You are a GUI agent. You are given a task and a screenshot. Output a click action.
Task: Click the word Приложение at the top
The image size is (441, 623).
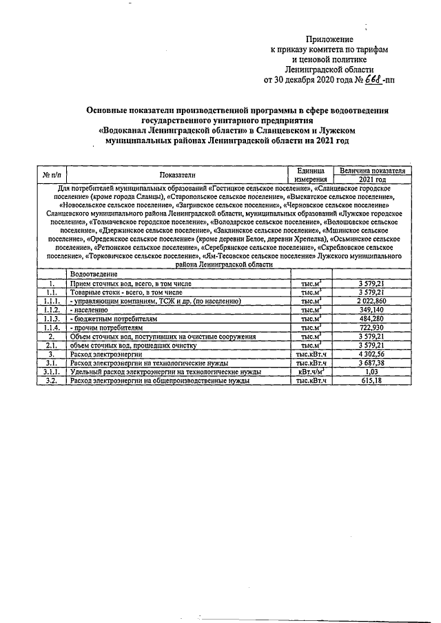(x=329, y=40)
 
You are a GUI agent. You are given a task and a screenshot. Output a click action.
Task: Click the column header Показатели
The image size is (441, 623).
(x=177, y=175)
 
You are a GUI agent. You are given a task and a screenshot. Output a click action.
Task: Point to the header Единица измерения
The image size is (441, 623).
(x=309, y=174)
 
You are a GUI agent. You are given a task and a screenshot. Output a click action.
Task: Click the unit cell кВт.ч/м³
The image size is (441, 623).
(x=309, y=371)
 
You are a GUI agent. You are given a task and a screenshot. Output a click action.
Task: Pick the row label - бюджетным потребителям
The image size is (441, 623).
(x=114, y=319)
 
